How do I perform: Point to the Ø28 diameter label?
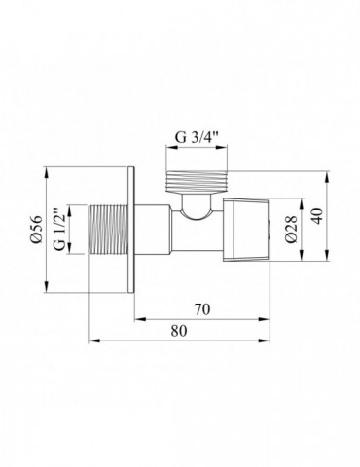pos(292,230)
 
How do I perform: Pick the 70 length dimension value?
pos(201,311)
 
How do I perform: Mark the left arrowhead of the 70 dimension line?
pos(137,320)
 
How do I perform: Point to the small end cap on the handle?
pos(270,230)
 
